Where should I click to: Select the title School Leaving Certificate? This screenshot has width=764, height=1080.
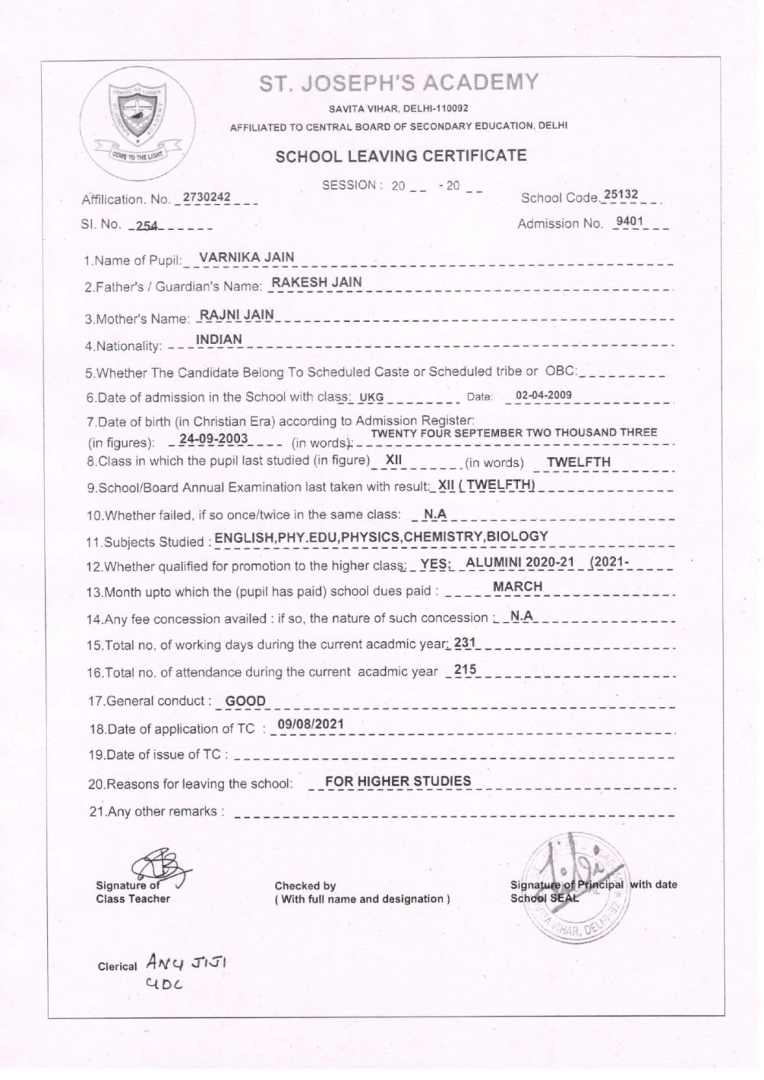pos(401,157)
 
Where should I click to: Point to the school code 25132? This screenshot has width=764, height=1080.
pos(620,195)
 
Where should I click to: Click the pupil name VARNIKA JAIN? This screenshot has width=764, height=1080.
pos(246,258)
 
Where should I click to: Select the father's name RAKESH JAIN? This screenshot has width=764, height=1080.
pos(317,282)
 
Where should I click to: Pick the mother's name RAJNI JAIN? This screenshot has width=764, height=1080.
pos(235,314)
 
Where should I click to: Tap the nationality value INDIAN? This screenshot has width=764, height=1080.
pos(219,339)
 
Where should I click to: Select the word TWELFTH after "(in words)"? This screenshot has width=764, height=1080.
pos(578,462)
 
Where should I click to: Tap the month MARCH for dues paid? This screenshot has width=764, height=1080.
pos(517,586)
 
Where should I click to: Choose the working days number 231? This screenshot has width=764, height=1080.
pos(465,644)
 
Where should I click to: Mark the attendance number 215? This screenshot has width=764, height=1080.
pos(465,670)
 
